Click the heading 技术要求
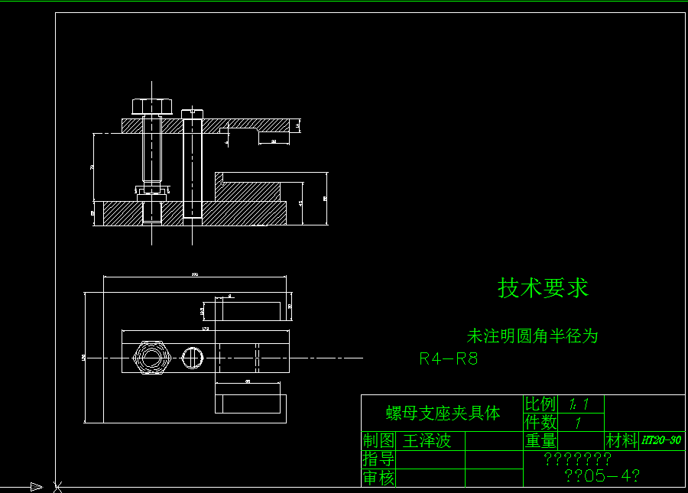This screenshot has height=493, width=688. click(x=543, y=288)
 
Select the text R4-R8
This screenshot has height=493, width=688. click(x=449, y=358)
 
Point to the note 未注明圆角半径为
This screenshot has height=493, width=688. click(x=532, y=336)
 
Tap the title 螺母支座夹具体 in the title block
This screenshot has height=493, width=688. click(x=443, y=414)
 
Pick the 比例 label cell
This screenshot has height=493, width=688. click(x=540, y=404)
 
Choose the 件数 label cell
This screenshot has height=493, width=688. click(x=540, y=422)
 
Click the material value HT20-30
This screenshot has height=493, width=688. click(x=661, y=440)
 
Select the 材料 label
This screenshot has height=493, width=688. click(x=621, y=440)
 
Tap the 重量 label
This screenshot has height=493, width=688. click(x=540, y=440)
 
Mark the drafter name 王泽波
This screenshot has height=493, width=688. click(x=427, y=441)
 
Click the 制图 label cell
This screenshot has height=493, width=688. click(x=378, y=441)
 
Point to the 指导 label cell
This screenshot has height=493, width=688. click(x=378, y=459)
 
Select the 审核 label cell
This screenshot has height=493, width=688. click(x=378, y=478)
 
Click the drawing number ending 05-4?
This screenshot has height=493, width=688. click(x=601, y=475)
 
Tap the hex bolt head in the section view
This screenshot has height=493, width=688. click(x=153, y=105)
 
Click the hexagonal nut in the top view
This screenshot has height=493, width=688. click(x=150, y=357)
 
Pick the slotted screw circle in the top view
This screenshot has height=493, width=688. click(x=193, y=356)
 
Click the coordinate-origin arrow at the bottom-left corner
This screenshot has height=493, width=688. click(x=35, y=486)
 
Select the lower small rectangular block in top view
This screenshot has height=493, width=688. click(x=250, y=403)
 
